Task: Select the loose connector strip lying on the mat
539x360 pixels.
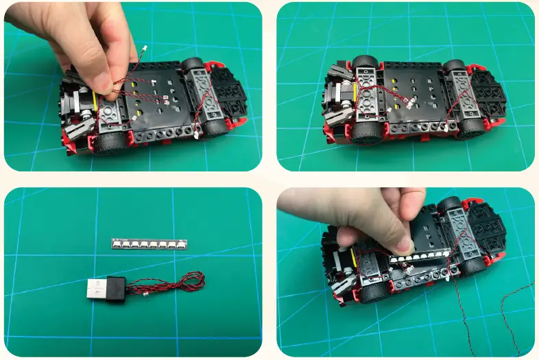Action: click(149, 243)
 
